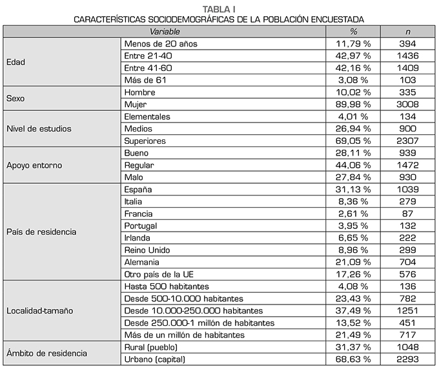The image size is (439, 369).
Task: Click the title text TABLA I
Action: click(219, 8)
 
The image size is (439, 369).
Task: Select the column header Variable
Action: click(165, 31)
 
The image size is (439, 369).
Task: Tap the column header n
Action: click(407, 31)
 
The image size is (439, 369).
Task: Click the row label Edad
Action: click(16, 62)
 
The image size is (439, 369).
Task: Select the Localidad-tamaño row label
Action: click(39, 310)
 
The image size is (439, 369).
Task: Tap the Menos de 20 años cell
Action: click(160, 43)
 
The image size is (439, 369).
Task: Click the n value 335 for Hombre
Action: click(407, 92)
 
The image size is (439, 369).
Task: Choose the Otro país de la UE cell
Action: click(158, 274)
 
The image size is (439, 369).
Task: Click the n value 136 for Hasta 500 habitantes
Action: click(407, 286)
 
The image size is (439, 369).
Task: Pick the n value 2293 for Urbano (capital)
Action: click(407, 359)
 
